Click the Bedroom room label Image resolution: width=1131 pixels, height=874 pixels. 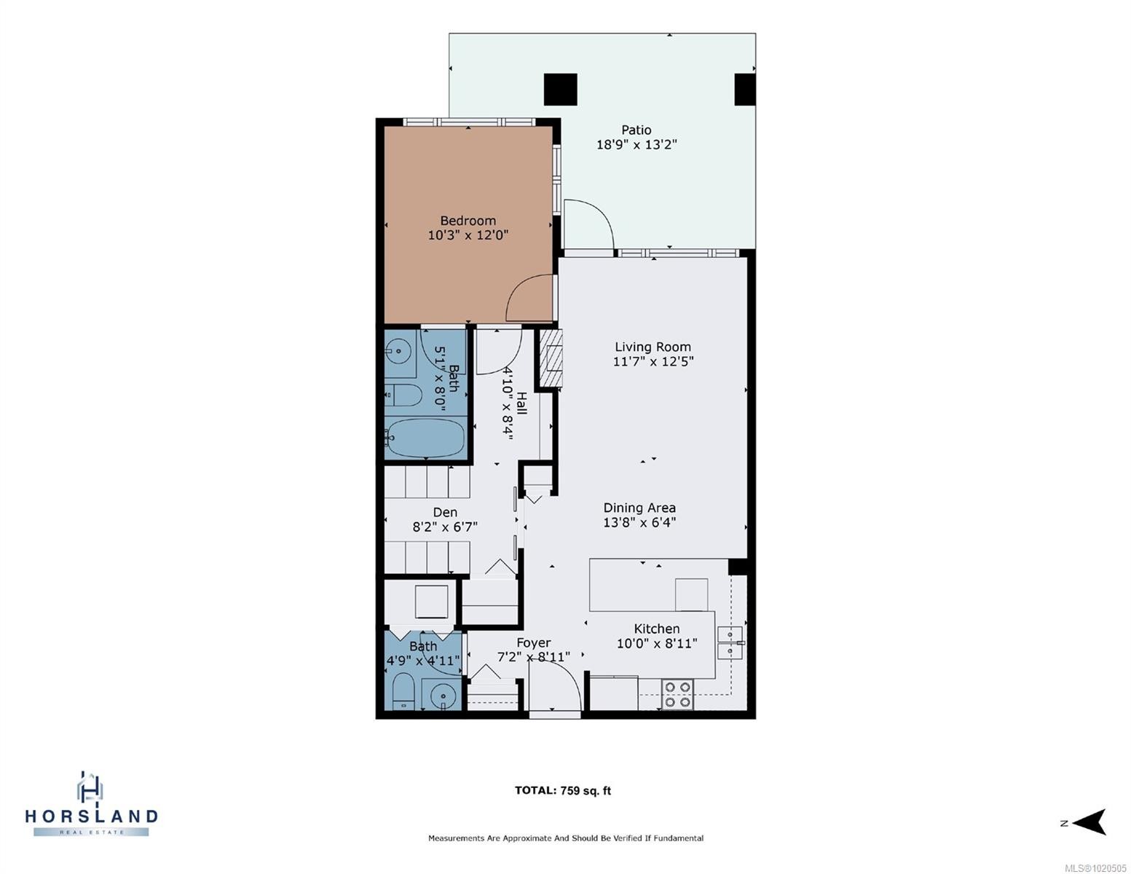tap(468, 221)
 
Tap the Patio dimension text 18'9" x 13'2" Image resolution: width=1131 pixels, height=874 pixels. tap(637, 144)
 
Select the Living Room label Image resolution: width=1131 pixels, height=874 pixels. tap(653, 347)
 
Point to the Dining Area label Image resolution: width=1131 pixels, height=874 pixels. tap(639, 508)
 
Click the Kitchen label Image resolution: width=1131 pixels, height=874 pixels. tap(656, 629)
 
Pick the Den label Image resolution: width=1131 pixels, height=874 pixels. tap(445, 513)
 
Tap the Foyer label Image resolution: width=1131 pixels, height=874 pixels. tap(533, 642)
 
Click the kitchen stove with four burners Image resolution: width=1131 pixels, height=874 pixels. tap(677, 694)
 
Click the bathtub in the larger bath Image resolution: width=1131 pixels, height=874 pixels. tap(425, 438)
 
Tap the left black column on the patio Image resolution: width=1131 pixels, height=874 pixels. tap(560, 90)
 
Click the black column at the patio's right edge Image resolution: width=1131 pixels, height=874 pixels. tap(744, 90)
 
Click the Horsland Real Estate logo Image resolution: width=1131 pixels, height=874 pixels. tap(91, 804)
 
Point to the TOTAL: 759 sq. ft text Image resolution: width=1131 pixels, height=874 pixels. tap(562, 790)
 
